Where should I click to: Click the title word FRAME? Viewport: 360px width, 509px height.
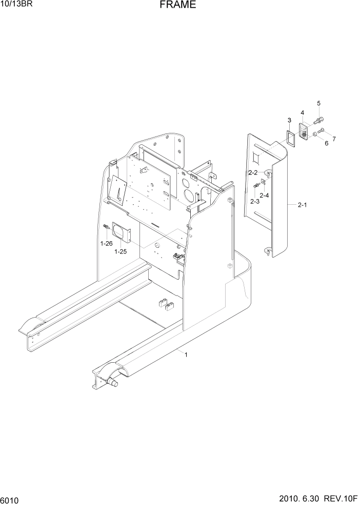point(177,6)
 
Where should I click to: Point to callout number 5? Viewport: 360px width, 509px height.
point(318,104)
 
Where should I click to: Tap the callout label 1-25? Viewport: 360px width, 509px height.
point(121,251)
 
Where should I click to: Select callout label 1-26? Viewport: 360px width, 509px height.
point(106,243)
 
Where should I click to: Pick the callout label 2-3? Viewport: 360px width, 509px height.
point(255,201)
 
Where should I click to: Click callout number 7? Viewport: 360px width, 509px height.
point(334,139)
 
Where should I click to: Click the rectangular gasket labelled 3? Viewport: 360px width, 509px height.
point(291,139)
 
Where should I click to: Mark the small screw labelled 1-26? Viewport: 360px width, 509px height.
point(106,227)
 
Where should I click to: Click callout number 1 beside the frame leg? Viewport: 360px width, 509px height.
point(186,354)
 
